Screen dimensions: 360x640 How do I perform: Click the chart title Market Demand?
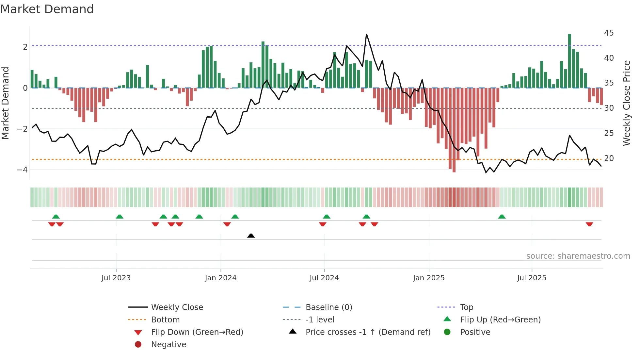coord(47,9)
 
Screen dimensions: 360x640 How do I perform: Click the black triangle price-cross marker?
coord(251,236)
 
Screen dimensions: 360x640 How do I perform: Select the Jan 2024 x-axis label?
coord(220,278)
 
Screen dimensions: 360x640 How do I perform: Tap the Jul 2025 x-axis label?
coord(532,278)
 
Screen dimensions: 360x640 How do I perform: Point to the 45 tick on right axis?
coord(609,33)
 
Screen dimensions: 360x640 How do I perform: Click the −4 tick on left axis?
coord(22,170)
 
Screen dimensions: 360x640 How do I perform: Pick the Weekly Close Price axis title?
coord(626,103)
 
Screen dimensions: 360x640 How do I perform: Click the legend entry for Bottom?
coord(165,320)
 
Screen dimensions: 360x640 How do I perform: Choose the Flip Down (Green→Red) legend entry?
coord(197,332)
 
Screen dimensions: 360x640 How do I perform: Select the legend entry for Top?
coord(467,307)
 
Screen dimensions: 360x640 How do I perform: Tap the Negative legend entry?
coord(168,345)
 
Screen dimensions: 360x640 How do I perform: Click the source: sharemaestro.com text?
coord(578,256)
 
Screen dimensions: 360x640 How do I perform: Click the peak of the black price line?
coord(366,34)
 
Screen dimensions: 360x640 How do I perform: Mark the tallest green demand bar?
coord(569,61)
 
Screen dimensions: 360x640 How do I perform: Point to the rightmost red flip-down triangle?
coord(589,224)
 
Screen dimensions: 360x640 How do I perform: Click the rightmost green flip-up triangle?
coord(502,217)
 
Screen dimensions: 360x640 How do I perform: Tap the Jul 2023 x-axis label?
coord(116,278)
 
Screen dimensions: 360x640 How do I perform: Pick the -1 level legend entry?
coord(320,320)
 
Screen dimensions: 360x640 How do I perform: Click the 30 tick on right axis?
coord(609,108)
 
